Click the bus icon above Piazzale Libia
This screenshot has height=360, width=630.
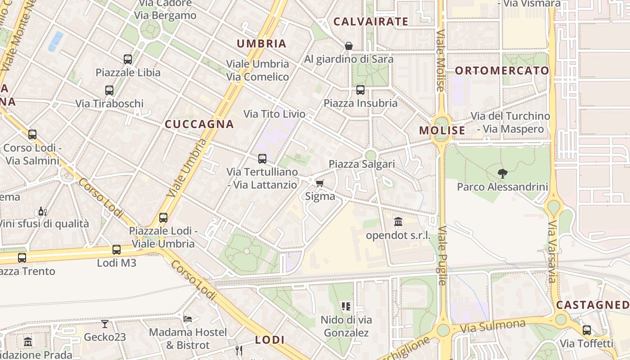coord(128,59)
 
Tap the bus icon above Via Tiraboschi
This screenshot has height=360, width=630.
coord(109,90)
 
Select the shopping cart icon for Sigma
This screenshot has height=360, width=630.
coord(319,183)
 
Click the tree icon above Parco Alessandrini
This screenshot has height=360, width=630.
coord(502,173)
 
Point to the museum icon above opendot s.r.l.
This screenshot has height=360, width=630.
coord(398,221)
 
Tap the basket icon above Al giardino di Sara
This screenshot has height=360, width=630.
coord(348,45)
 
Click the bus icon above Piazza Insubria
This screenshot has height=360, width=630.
coord(360,90)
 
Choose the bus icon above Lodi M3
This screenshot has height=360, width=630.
coord(117,249)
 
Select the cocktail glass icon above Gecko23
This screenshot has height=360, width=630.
coord(105,324)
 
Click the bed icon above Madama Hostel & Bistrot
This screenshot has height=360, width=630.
coord(188,319)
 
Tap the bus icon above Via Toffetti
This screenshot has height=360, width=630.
coord(587,330)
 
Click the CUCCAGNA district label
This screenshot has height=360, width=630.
coord(199,124)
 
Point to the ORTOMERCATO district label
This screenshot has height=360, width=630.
coord(502,71)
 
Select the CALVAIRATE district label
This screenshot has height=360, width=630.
coord(371,21)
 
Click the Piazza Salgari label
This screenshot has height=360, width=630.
coord(362,164)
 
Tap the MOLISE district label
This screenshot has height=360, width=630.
coord(442,130)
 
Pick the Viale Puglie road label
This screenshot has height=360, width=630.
coord(441,255)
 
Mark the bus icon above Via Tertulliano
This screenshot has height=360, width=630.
coord(262,158)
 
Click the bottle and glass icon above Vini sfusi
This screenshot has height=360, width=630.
coord(43,211)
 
